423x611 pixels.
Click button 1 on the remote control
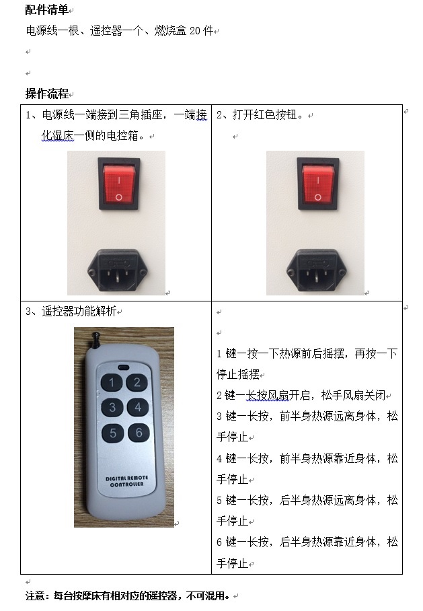pyautogui.click(x=112, y=382)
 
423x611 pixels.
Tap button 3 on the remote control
pyautogui.click(x=112, y=408)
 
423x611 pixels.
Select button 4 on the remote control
pyautogui.click(x=138, y=408)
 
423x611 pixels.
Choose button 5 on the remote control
pyautogui.click(x=113, y=433)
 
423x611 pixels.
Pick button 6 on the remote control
pyautogui.click(x=139, y=433)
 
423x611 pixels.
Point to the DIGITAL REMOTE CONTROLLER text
pyautogui.click(x=127, y=481)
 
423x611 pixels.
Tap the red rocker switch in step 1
pyautogui.click(x=119, y=184)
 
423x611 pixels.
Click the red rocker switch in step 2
pyautogui.click(x=318, y=184)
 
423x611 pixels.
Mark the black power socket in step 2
pyautogui.click(x=316, y=270)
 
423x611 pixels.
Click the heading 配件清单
pyautogui.click(x=47, y=9)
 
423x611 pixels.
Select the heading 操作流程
pyautogui.click(x=47, y=94)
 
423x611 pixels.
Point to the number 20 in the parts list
pyautogui.click(x=195, y=30)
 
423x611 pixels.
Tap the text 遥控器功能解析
pyautogui.click(x=79, y=311)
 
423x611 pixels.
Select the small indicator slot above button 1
pyautogui.click(x=124, y=367)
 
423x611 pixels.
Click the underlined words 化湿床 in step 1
pyautogui.click(x=58, y=135)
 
